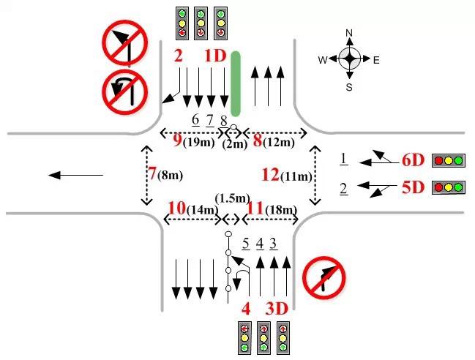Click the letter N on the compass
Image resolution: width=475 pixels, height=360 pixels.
[349, 33]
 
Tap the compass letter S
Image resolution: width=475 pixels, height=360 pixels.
[349, 87]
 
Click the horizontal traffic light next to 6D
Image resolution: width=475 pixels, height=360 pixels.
[449, 160]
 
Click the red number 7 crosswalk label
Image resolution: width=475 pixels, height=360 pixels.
[152, 174]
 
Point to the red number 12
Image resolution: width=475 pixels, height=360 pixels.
[271, 174]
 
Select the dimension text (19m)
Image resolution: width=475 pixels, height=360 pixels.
[197, 142]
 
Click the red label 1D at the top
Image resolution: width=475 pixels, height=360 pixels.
[215, 56]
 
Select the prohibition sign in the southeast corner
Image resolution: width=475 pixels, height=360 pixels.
[324, 277]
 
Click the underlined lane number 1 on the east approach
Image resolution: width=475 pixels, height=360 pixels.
[343, 158]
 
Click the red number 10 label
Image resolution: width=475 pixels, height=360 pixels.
[176, 208]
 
